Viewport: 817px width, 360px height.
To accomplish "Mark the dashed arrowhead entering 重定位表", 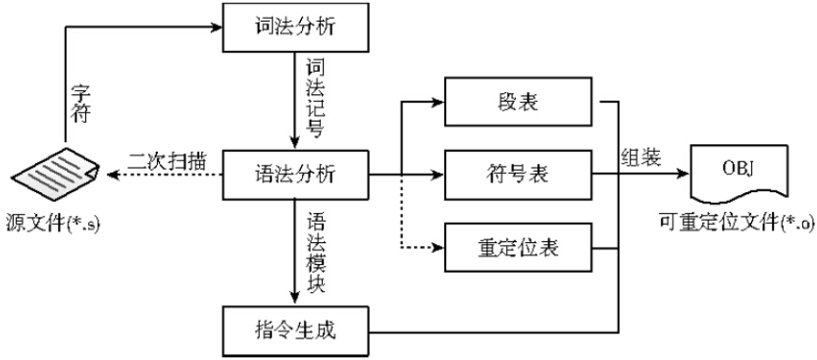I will tap(440, 248).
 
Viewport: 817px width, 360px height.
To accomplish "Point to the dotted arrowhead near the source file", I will tap(107, 175).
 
